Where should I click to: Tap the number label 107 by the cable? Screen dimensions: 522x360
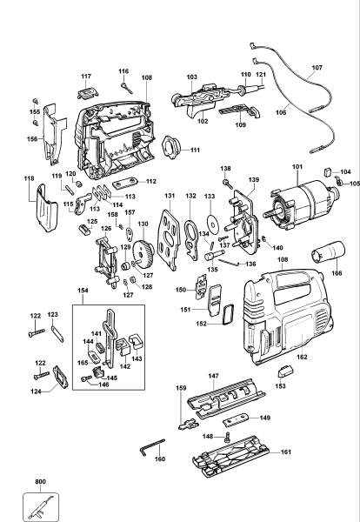click(x=317, y=67)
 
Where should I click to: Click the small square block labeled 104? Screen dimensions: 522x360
click(x=327, y=171)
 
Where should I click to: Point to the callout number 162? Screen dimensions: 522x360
click(x=302, y=357)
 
